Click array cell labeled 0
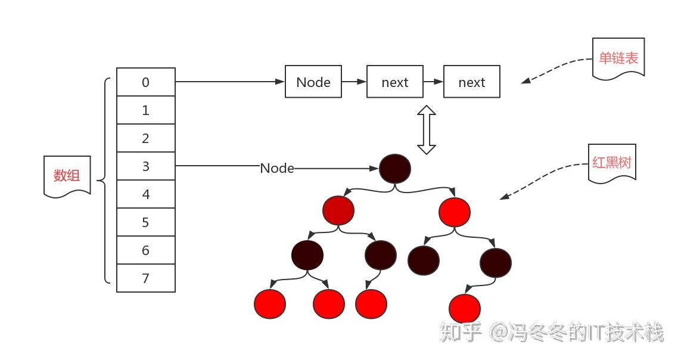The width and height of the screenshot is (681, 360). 146,82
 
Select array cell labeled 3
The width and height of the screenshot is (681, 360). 146,166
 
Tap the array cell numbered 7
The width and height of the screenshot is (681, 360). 146,278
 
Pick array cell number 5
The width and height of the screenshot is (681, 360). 146,222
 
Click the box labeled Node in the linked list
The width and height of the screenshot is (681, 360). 313,82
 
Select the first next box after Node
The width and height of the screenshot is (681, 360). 394,82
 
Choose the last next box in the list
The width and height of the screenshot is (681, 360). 472,82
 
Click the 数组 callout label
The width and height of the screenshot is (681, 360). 67,175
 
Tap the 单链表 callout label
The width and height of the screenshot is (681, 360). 618,58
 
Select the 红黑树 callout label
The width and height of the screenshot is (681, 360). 612,162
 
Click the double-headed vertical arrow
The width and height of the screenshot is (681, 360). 426,129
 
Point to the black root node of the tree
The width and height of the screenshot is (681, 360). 395,169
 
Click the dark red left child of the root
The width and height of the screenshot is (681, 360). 338,210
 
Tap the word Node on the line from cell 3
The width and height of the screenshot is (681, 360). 277,169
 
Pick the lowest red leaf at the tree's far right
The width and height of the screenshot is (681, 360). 465,309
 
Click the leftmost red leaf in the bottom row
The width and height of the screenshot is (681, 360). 269,303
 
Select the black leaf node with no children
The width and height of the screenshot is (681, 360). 424,260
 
